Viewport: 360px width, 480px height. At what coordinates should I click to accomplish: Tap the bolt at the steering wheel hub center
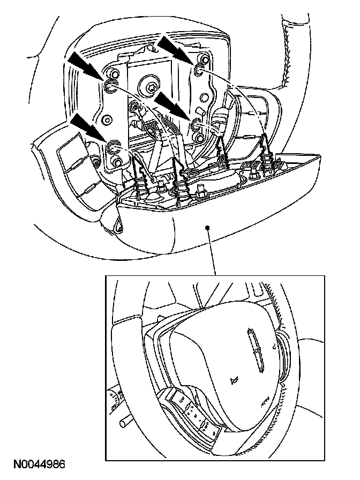pyautogui.click(x=149, y=85)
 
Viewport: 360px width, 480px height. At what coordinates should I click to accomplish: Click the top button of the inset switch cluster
pyautogui.click(x=178, y=397)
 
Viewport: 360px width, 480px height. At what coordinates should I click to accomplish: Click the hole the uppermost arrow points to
pyautogui.click(x=199, y=69)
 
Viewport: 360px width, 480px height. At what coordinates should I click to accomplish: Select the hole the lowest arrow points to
pyautogui.click(x=114, y=146)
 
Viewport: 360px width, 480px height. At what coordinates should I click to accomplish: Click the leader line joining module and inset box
pyautogui.click(x=212, y=252)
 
